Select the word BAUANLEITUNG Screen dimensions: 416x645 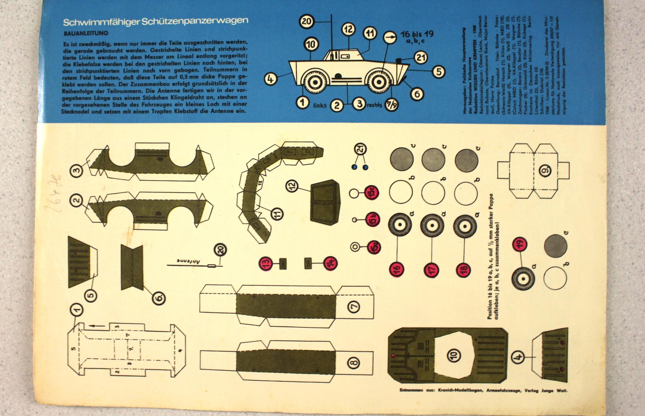pyautogui.click(x=86, y=33)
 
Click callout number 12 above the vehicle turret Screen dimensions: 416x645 pyautogui.click(x=348, y=29)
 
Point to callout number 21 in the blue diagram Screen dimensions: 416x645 pyautogui.click(x=421, y=58)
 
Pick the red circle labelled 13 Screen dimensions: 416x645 pyautogui.click(x=266, y=264)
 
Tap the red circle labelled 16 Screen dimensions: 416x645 pyautogui.click(x=397, y=269)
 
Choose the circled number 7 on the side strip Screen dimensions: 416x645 pyautogui.click(x=354, y=306)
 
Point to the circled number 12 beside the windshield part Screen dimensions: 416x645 pyautogui.click(x=292, y=186)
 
